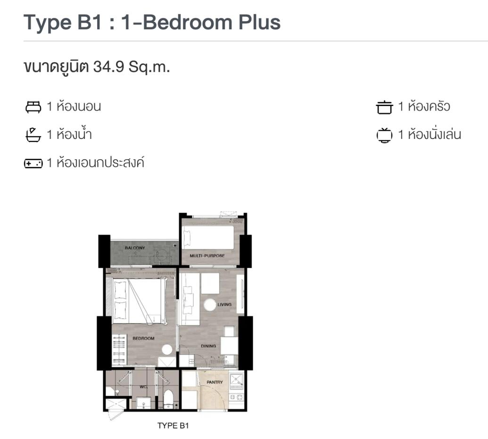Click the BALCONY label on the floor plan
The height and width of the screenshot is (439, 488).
tap(135, 248)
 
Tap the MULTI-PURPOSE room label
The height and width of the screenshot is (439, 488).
tap(207, 256)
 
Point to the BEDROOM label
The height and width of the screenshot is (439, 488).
tap(143, 338)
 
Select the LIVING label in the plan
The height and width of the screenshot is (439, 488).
tap(224, 304)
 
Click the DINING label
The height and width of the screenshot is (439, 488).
tap(208, 346)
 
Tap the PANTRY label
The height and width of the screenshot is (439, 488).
tap(215, 382)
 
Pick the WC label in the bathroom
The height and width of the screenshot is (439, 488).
tap(143, 387)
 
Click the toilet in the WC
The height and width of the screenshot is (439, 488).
tap(168, 398)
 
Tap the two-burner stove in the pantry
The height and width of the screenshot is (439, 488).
tap(236, 397)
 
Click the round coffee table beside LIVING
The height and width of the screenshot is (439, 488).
tap(210, 305)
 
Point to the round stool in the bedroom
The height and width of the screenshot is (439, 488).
tap(167, 350)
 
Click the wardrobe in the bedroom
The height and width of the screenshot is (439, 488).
tap(119, 350)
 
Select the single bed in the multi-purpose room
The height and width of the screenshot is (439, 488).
tap(208, 237)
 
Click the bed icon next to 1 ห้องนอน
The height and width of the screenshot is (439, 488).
tap(33, 107)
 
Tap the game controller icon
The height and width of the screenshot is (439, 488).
tap(33, 163)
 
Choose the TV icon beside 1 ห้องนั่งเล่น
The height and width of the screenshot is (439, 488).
tap(384, 135)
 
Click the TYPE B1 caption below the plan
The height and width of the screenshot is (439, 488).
tap(173, 426)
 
